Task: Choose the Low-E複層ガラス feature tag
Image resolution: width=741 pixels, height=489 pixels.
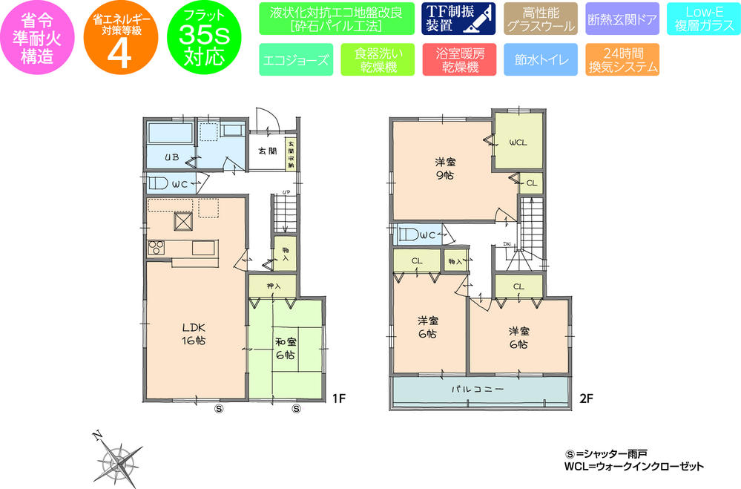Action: (701, 20)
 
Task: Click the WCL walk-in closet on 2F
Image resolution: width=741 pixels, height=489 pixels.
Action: (517, 144)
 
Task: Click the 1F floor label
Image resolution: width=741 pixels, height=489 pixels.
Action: (339, 398)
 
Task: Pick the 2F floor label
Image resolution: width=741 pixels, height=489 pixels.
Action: (586, 398)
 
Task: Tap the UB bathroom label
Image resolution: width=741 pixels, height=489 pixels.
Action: (170, 157)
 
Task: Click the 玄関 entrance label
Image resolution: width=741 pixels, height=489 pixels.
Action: (267, 151)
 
